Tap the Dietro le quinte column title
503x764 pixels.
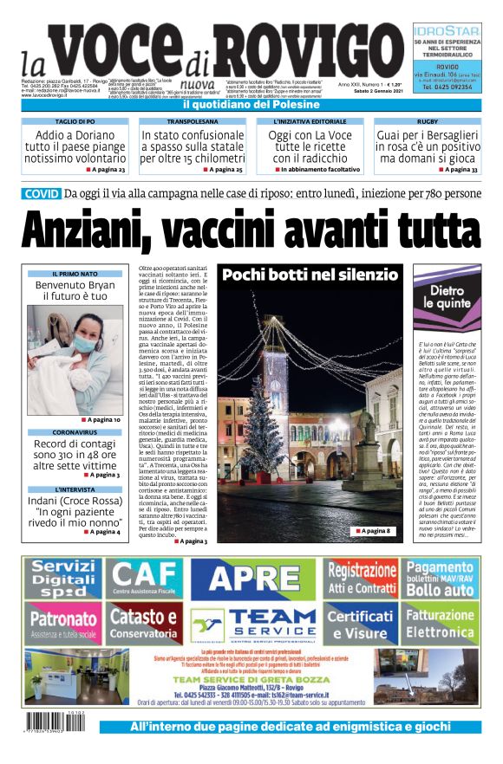click(x=449, y=297)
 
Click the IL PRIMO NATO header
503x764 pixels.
click(x=75, y=274)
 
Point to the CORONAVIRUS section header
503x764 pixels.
click(x=75, y=431)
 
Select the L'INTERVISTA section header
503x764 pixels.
click(x=75, y=489)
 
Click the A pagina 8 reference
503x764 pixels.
click(x=375, y=530)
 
